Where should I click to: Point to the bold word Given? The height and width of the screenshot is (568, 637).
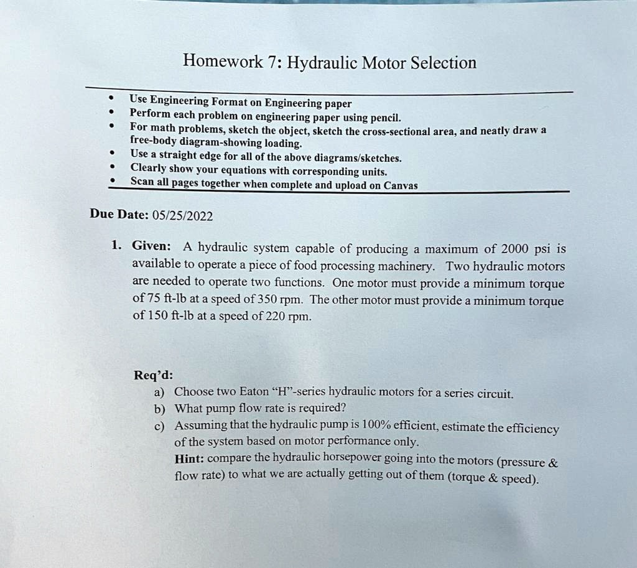[x=151, y=246]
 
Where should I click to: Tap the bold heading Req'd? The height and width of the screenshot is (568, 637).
[x=154, y=375]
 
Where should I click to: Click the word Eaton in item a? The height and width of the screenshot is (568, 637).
[x=254, y=393]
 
